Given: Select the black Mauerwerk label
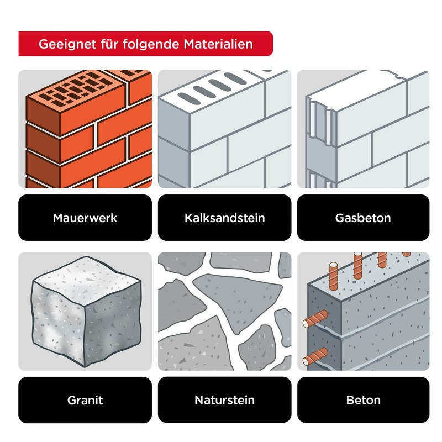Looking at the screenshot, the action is (x=85, y=218).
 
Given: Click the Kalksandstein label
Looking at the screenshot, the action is (x=224, y=218).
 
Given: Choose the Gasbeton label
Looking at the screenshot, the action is (x=363, y=218).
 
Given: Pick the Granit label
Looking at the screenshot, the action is (x=85, y=400).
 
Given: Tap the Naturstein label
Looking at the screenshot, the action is (x=224, y=400).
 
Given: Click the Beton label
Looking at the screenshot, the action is (x=363, y=400).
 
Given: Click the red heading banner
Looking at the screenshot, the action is (x=145, y=44).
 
